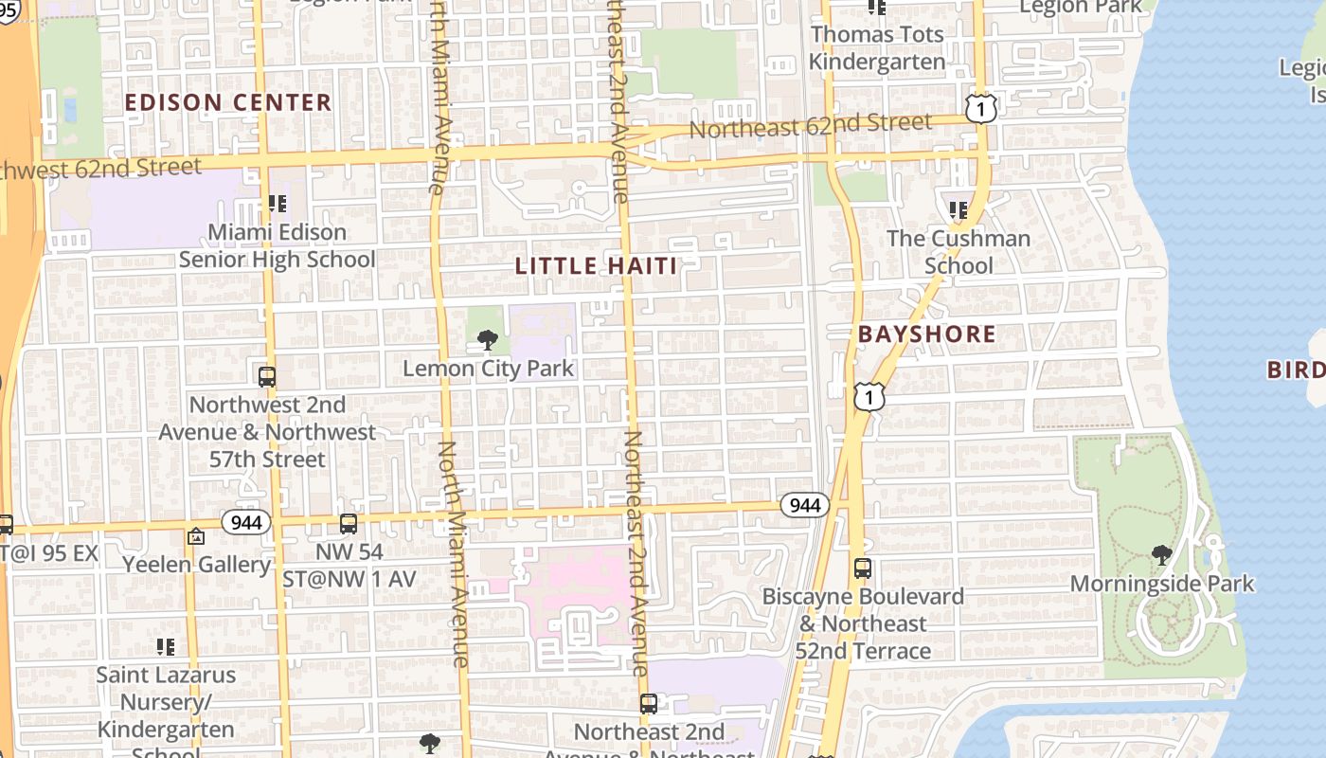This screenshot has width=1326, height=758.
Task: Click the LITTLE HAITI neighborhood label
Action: point(597,266)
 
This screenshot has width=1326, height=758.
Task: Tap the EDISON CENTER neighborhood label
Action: point(228,102)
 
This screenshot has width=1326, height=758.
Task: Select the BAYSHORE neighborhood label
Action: point(926,334)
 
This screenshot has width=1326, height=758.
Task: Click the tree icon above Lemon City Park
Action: point(488,339)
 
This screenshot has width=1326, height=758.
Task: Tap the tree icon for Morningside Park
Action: point(1161,555)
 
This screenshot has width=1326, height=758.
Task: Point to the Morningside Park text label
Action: point(1161,584)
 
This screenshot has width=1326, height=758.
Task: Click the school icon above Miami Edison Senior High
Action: point(277,203)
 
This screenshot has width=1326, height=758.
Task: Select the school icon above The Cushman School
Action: point(958,209)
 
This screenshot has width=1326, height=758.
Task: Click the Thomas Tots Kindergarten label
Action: point(877,48)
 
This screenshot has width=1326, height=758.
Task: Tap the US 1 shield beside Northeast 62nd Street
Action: point(981,108)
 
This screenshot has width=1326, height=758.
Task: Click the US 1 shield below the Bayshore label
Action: point(869,396)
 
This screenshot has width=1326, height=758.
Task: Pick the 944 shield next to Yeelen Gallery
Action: point(247,521)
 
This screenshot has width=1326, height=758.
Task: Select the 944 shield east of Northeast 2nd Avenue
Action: point(804,505)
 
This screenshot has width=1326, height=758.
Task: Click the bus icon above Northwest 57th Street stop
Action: point(267,376)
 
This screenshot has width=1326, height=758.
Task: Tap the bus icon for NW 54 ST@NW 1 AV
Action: point(349,523)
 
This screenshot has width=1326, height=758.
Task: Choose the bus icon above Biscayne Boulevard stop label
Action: point(862,568)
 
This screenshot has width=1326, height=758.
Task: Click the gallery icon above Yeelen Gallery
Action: point(196,536)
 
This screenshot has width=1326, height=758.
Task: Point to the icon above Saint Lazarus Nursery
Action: point(166,647)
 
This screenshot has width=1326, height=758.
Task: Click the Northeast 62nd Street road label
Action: point(810,125)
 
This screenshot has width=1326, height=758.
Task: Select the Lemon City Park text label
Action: point(489,368)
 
